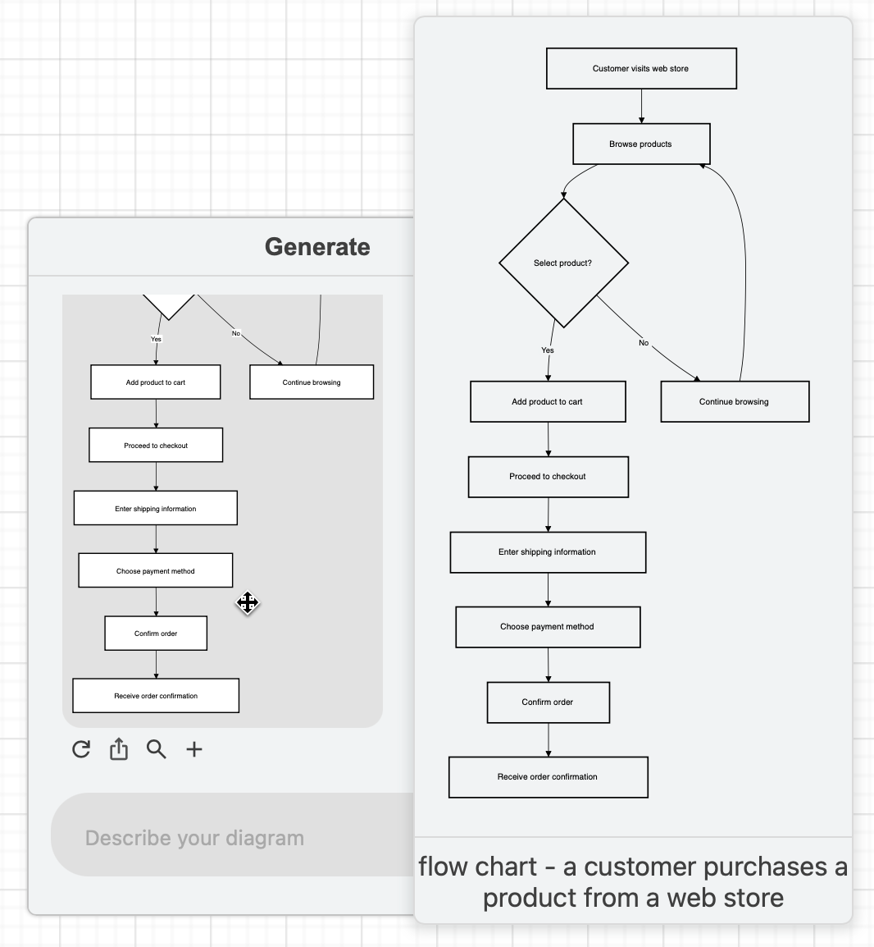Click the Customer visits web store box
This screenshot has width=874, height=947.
pyautogui.click(x=641, y=69)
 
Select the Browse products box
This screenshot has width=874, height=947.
pyautogui.click(x=641, y=144)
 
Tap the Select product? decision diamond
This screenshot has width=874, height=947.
pyautogui.click(x=563, y=263)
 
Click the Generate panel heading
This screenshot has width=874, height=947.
pyautogui.click(x=317, y=247)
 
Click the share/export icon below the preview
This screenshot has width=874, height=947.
pyautogui.click(x=119, y=749)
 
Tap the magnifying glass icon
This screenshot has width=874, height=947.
pyautogui.click(x=156, y=749)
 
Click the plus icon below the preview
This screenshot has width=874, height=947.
pyautogui.click(x=194, y=749)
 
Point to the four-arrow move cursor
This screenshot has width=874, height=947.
pyautogui.click(x=248, y=603)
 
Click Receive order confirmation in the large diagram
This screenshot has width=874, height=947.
pyautogui.click(x=548, y=777)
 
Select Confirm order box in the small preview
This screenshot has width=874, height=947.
pyautogui.click(x=156, y=634)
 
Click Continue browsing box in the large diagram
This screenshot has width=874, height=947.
pyautogui.click(x=735, y=402)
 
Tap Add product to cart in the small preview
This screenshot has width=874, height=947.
pyautogui.click(x=156, y=382)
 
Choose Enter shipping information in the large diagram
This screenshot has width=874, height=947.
pyautogui.click(x=548, y=552)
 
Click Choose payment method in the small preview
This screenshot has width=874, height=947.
pyautogui.click(x=156, y=571)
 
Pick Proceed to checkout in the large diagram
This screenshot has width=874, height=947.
pyautogui.click(x=548, y=477)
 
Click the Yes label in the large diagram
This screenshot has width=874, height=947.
pyautogui.click(x=548, y=350)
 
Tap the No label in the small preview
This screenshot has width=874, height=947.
pyautogui.click(x=236, y=333)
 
